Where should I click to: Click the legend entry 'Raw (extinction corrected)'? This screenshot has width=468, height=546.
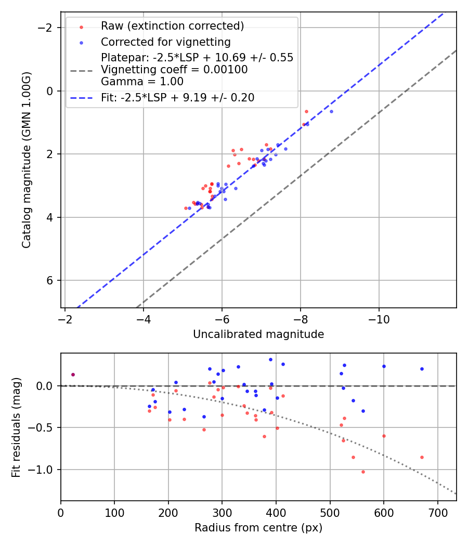(172, 26)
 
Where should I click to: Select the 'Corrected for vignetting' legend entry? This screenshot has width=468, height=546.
(165, 42)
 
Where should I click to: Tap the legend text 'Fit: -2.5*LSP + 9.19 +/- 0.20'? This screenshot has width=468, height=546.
(177, 97)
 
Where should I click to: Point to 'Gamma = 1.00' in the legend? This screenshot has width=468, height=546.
(142, 81)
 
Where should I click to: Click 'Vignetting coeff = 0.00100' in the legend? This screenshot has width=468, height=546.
(174, 70)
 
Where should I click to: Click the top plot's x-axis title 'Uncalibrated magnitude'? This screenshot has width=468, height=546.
(258, 334)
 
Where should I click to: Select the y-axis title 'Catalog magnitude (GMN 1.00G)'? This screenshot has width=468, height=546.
(27, 160)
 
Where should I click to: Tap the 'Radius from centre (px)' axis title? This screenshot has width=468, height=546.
(258, 528)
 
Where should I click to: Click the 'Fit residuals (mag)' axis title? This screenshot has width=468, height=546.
(16, 427)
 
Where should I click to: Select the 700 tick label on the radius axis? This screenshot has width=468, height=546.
(437, 512)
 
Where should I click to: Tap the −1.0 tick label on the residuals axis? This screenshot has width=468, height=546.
(44, 470)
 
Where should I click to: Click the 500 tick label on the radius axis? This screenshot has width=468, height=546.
(330, 512)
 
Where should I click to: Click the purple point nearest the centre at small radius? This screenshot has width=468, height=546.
(73, 374)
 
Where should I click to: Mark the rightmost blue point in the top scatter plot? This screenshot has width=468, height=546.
(331, 111)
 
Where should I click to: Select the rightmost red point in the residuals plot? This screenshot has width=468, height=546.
(422, 457)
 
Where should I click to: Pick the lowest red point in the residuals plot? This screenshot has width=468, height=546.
(363, 472)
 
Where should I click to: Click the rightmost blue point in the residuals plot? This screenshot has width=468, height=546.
(422, 369)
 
